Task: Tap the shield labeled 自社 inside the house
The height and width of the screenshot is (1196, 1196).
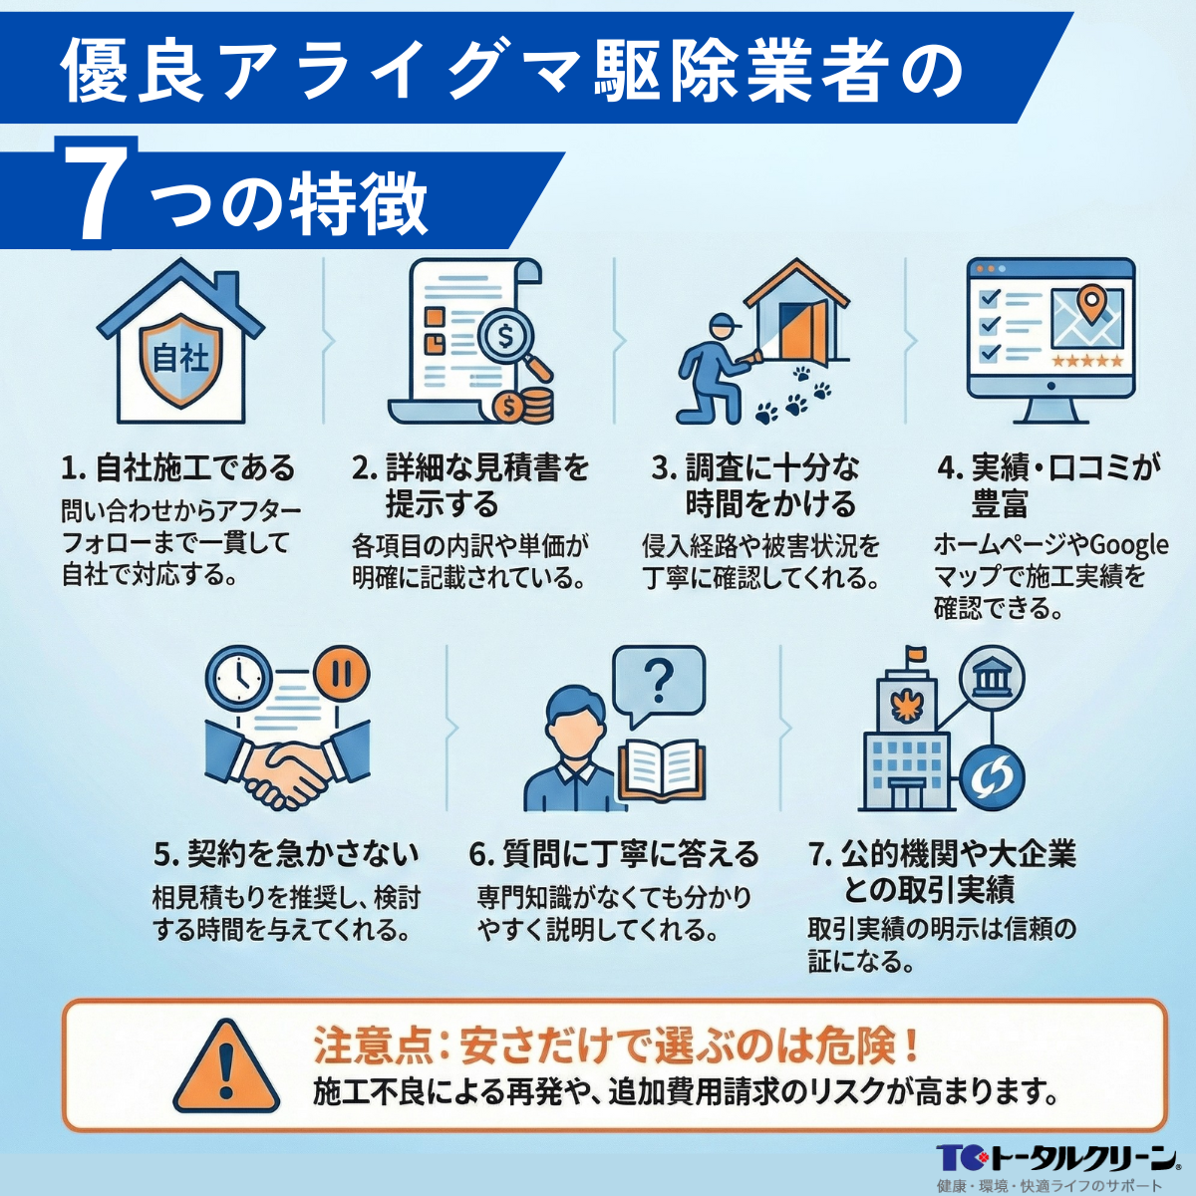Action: pos(180,359)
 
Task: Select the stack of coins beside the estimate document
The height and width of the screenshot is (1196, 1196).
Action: pos(525,405)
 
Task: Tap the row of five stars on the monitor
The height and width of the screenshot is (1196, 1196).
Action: pos(1087,361)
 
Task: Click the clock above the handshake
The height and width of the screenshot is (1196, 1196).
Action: pos(238,679)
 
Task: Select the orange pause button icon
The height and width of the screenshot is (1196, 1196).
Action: pos(342,674)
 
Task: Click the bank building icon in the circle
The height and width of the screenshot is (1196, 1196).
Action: pos(991,680)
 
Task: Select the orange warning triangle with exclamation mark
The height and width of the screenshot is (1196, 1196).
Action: pos(227,1065)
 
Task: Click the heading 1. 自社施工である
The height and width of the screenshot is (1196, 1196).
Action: pos(178,467)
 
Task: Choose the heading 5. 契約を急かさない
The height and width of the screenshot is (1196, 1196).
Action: pos(286,854)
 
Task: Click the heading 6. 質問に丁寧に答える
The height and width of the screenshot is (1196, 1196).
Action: pos(614,854)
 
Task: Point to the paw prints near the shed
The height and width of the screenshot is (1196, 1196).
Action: pos(794,397)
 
